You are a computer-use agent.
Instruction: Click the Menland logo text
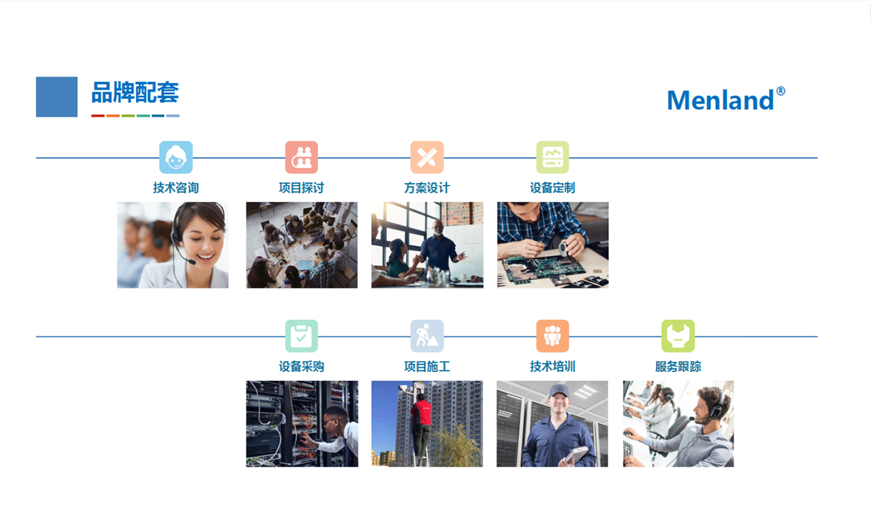(x=721, y=100)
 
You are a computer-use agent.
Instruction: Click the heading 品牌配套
(x=135, y=93)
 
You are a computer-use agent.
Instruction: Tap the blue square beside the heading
(x=57, y=97)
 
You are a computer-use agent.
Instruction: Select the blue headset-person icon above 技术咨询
(x=175, y=158)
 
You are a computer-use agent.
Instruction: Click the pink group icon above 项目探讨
(x=301, y=158)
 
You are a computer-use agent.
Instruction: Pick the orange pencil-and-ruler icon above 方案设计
(x=427, y=158)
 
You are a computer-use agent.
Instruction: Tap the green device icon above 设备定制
(x=552, y=158)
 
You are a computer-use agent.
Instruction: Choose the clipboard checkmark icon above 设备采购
(x=301, y=336)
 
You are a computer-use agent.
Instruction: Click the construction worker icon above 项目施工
(x=427, y=336)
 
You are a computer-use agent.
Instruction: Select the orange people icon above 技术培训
(x=552, y=336)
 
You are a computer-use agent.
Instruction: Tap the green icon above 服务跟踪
(x=678, y=336)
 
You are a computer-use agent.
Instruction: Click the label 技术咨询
(x=175, y=188)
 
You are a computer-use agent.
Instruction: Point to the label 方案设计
(x=427, y=188)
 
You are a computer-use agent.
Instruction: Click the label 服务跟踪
(x=678, y=367)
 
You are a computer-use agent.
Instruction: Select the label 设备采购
(x=301, y=367)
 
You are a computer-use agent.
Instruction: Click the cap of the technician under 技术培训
(x=558, y=390)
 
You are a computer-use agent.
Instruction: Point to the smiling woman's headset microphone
(x=191, y=262)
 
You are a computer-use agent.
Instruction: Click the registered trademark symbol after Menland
(x=781, y=91)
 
